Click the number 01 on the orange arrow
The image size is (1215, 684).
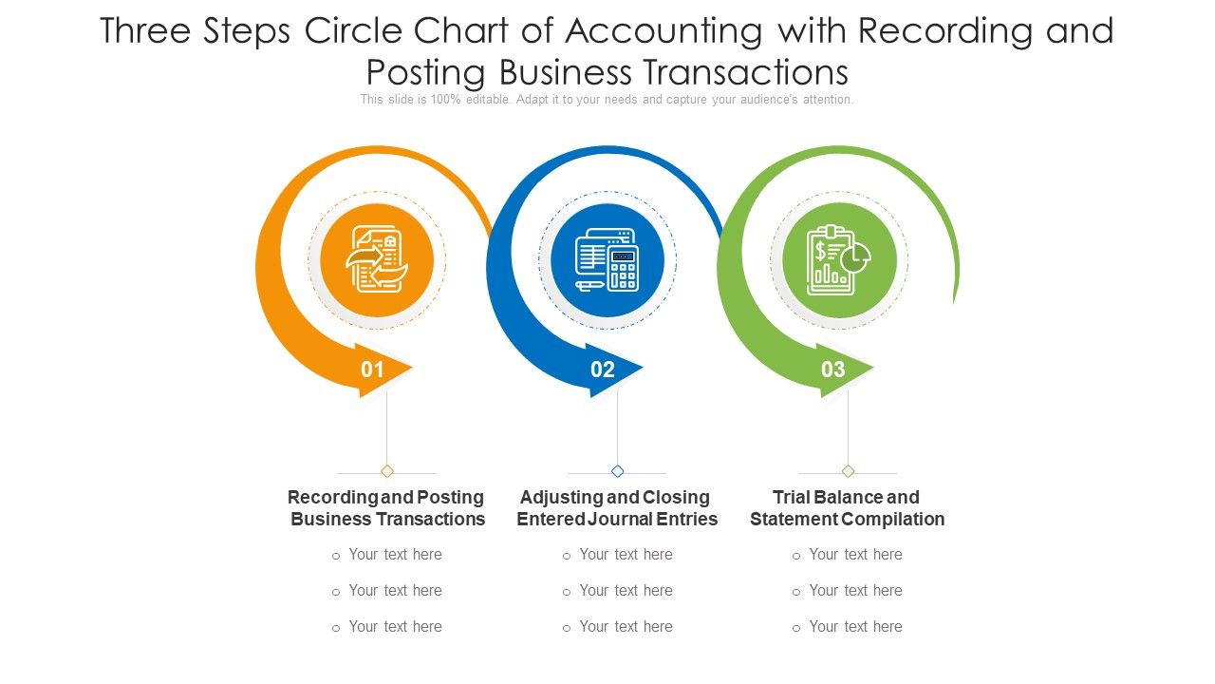[372, 370]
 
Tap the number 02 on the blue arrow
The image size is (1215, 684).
[603, 370]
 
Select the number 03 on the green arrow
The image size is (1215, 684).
[832, 370]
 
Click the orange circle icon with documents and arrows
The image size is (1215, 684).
[377, 259]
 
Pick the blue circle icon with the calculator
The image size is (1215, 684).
[607, 259]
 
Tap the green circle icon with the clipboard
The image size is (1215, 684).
[839, 259]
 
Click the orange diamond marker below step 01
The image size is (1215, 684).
[387, 471]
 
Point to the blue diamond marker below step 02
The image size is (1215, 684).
[618, 471]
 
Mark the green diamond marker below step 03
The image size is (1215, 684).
[849, 471]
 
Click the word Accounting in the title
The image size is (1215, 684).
[664, 31]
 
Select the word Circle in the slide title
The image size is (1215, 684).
[357, 31]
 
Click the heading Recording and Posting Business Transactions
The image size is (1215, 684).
[387, 508]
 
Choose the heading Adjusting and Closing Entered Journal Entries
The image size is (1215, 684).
[617, 508]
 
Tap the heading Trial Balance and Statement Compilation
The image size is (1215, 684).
[847, 508]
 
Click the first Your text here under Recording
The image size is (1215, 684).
[395, 555]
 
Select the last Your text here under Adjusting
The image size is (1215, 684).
[626, 627]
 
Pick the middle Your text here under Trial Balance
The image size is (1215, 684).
[855, 591]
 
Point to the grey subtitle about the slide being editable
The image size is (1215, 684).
[607, 100]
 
